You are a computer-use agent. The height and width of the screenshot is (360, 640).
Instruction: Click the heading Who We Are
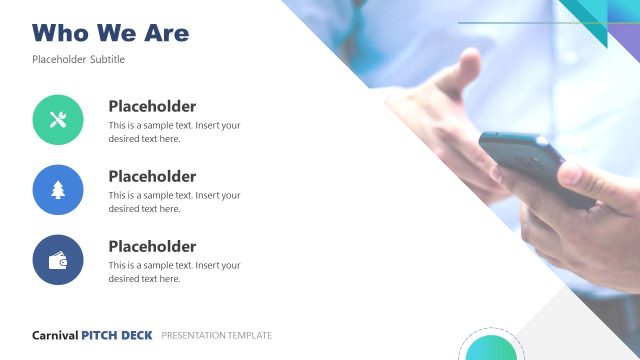click(110, 33)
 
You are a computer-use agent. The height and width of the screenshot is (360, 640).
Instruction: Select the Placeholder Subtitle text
click(78, 60)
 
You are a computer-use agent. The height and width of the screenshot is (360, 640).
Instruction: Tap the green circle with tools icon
click(58, 120)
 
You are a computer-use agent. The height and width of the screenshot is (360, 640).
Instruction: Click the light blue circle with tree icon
click(58, 190)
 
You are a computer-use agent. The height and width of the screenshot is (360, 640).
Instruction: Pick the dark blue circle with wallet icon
click(58, 260)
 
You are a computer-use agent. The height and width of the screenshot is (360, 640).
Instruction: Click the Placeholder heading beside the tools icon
click(152, 107)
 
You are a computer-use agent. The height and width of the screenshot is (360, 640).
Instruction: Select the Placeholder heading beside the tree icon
click(152, 177)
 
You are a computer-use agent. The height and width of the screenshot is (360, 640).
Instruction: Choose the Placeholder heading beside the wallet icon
click(152, 247)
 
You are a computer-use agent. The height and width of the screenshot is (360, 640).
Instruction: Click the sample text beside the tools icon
click(174, 132)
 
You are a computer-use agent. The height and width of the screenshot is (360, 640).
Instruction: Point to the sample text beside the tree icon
click(174, 202)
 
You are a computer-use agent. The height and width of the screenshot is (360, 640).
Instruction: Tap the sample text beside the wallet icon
click(174, 272)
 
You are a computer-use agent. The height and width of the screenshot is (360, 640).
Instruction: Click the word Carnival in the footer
click(55, 336)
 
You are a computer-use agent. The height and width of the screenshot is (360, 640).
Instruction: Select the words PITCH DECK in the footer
click(118, 336)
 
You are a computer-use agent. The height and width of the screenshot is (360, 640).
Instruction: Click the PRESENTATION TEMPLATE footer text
click(216, 336)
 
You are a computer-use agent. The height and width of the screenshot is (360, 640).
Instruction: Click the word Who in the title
click(60, 33)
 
